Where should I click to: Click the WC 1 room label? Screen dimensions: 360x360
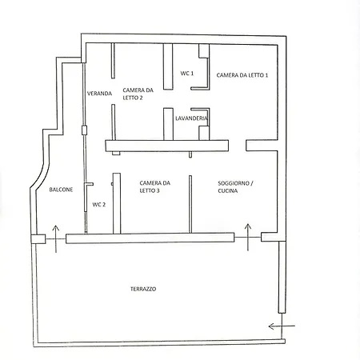[187, 74]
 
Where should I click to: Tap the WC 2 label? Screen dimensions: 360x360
[99, 205]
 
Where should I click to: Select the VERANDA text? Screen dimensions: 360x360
[99, 94]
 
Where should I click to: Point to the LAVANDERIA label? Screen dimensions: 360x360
[191, 118]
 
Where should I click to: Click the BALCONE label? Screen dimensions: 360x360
[61, 190]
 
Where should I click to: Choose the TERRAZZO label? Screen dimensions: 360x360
[143, 289]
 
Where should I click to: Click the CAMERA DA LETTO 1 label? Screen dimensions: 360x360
[242, 75]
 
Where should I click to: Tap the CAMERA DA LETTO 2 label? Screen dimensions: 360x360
[138, 94]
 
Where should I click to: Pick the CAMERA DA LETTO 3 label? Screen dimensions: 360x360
[154, 186]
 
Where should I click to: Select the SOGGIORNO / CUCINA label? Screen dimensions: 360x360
[235, 187]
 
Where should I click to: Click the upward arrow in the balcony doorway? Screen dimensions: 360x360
[56, 239]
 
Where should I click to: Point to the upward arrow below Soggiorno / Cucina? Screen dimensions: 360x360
[248, 238]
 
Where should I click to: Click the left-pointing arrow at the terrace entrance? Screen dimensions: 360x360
[282, 326]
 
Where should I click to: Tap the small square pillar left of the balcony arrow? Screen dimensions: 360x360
[38, 239]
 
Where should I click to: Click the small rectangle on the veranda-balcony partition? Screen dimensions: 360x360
[84, 130]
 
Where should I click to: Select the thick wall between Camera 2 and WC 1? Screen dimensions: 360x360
[168, 66]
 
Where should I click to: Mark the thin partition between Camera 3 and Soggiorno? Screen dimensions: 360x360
[190, 204]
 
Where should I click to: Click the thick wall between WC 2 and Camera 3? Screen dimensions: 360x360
[117, 203]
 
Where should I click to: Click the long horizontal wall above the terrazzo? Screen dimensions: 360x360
[150, 238]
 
